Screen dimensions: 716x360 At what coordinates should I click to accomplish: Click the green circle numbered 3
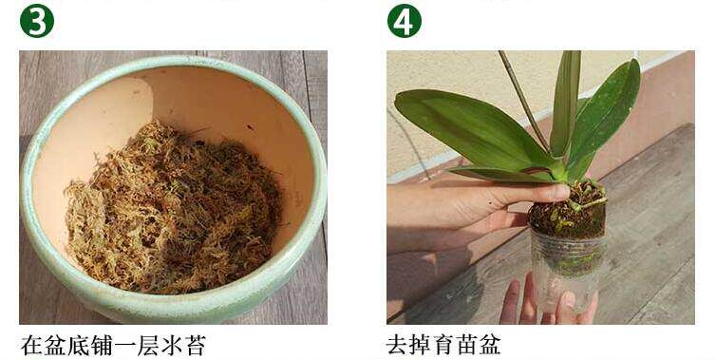pyautogui.click(x=37, y=21)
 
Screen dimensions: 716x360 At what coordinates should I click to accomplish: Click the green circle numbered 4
pyautogui.click(x=405, y=21)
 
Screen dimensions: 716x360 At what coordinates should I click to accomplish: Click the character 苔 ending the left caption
pyautogui.click(x=194, y=346)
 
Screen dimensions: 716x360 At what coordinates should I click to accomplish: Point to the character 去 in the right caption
pyautogui.click(x=398, y=345)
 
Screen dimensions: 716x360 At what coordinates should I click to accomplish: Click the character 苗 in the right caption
pyautogui.click(x=466, y=345)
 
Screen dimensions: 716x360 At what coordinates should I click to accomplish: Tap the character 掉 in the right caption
pyautogui.click(x=421, y=345)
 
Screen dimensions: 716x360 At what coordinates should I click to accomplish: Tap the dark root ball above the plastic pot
pyautogui.click(x=567, y=210)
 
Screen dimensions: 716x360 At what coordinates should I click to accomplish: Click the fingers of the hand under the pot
pyautogui.click(x=548, y=299)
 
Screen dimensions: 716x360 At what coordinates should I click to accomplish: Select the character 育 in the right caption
pyautogui.click(x=443, y=345)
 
